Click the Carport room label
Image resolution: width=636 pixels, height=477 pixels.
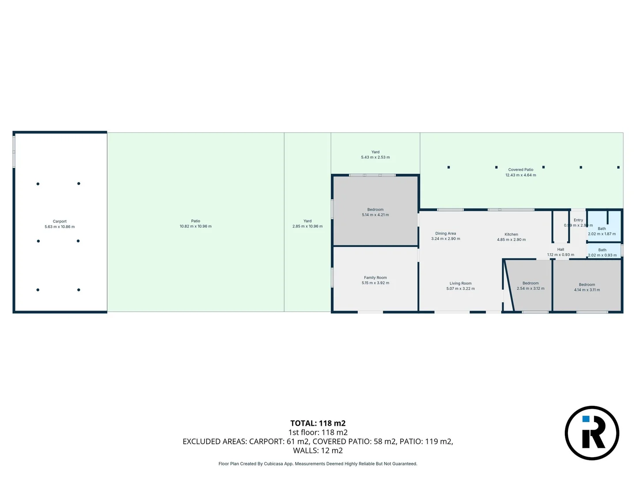pos(60,221)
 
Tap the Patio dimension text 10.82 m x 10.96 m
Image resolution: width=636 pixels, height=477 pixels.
pos(195,227)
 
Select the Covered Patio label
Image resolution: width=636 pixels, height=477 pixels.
pos(521,170)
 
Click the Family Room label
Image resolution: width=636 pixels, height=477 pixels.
pos(375,278)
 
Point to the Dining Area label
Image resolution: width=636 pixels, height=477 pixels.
pos(446,234)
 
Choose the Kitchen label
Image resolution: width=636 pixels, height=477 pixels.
pos(511,235)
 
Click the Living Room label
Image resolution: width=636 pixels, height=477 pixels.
pos(461,284)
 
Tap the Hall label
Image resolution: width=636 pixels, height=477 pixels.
pos(560,250)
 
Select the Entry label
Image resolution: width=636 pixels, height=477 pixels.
pos(578,220)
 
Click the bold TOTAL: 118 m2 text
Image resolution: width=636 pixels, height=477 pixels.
pos(318,423)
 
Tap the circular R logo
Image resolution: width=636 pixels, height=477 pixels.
pos(592,433)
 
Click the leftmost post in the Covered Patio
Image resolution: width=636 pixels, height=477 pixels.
pos(449,167)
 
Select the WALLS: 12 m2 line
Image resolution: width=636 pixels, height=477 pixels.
pos(318,450)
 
